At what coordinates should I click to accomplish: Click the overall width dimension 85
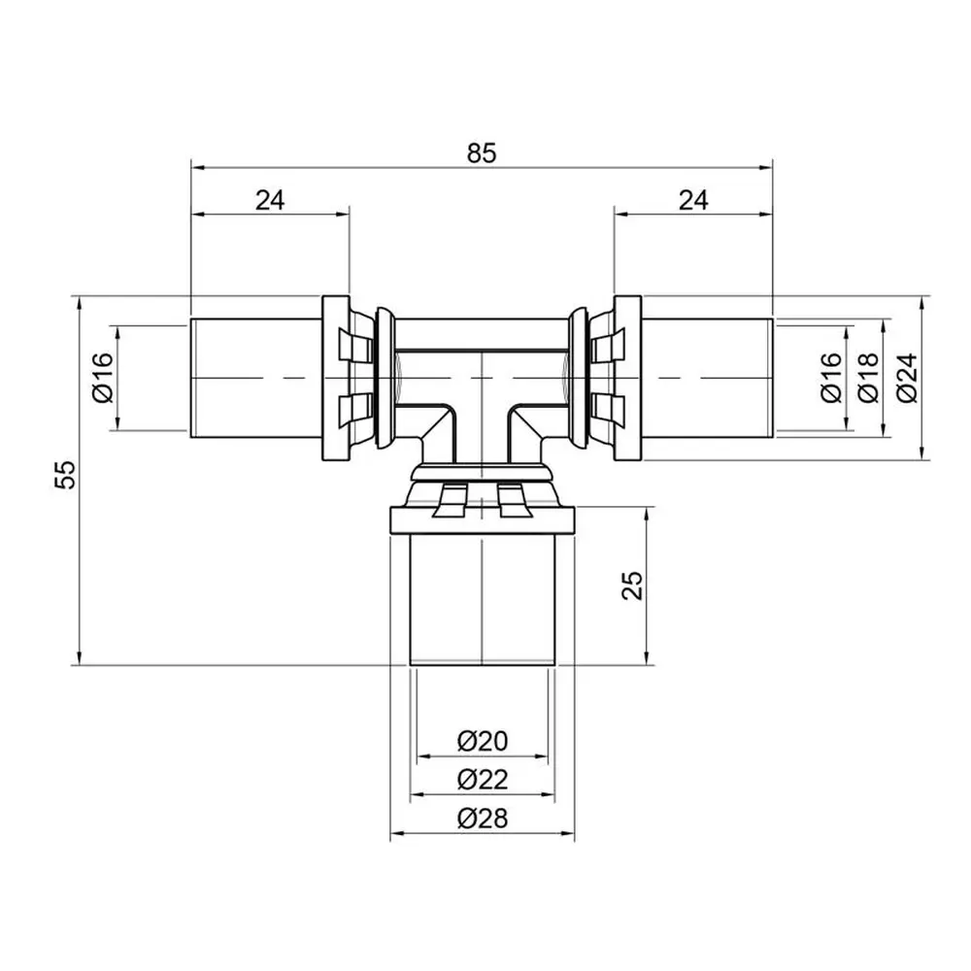pyautogui.click(x=482, y=153)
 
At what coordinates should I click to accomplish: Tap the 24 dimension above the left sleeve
pyautogui.click(x=270, y=200)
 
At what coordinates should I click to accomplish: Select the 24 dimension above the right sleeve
pyautogui.click(x=693, y=200)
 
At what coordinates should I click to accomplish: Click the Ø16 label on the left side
pyautogui.click(x=103, y=377)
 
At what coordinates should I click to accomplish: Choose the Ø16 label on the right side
pyautogui.click(x=831, y=377)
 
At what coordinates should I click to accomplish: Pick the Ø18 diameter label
pyautogui.click(x=868, y=377)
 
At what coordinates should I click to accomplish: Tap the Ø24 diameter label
pyautogui.click(x=907, y=377)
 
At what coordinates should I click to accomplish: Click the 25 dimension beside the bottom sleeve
pyautogui.click(x=632, y=586)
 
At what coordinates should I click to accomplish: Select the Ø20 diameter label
pyautogui.click(x=483, y=741)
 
